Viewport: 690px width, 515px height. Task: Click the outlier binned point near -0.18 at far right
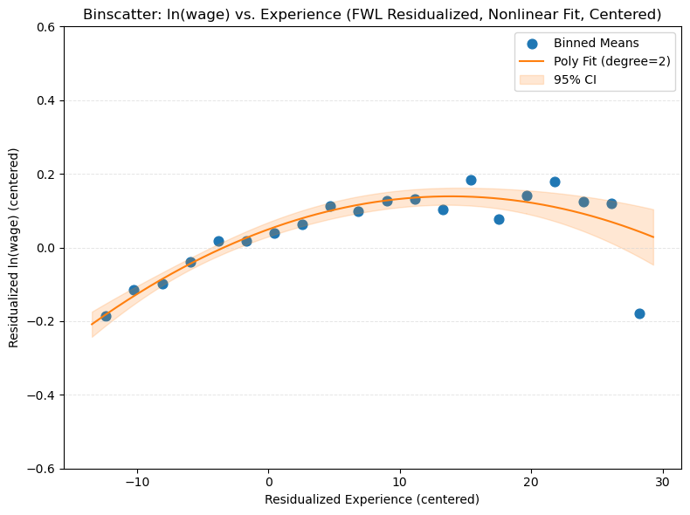tap(639, 313)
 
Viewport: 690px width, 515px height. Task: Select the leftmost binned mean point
tap(106, 316)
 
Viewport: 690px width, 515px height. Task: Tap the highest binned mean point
tap(471, 180)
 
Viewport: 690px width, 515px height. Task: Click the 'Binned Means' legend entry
tap(589, 44)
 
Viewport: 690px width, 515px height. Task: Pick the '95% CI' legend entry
tap(576, 79)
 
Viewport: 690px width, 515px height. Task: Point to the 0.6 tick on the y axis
tap(46, 27)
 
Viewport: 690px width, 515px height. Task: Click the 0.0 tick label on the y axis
tap(46, 248)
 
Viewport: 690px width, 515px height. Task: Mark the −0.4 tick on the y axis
tap(43, 395)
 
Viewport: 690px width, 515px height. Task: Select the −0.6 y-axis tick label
tap(43, 469)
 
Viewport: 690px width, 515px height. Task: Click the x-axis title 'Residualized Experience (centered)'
tap(372, 500)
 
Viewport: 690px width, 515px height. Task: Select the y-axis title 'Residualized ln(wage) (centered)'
tap(14, 248)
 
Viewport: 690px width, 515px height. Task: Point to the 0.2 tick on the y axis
tap(46, 175)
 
